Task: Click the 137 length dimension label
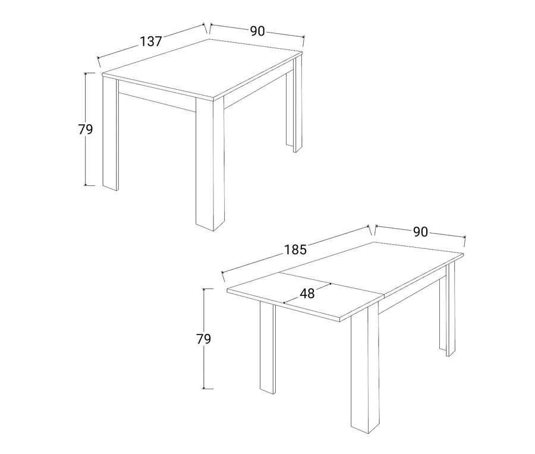tap(151, 41)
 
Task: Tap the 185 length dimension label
tap(295, 250)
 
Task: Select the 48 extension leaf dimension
tap(307, 294)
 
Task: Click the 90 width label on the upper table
tap(257, 31)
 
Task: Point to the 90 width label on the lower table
tap(420, 232)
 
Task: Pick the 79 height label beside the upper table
tap(85, 130)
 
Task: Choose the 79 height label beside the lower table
tap(204, 339)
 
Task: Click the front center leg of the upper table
tap(210, 164)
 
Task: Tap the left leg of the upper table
tap(110, 133)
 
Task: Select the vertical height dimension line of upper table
tap(86, 130)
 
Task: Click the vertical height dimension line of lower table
tap(204, 339)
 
